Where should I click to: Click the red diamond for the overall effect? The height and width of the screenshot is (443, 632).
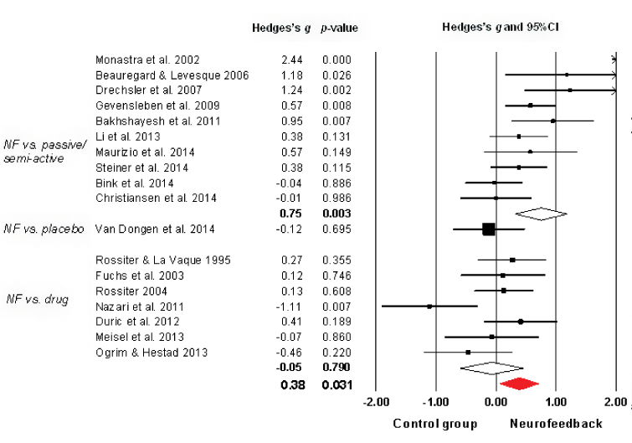tap(519, 384)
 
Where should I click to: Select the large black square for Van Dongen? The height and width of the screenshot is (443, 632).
tap(489, 229)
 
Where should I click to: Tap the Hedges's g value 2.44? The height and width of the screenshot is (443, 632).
tap(292, 60)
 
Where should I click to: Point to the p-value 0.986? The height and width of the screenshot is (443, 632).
tap(339, 198)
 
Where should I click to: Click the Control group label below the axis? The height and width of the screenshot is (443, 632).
tap(434, 424)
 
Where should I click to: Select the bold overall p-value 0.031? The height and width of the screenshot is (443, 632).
tap(338, 384)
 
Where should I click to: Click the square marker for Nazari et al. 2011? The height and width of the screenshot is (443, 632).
tap(429, 306)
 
